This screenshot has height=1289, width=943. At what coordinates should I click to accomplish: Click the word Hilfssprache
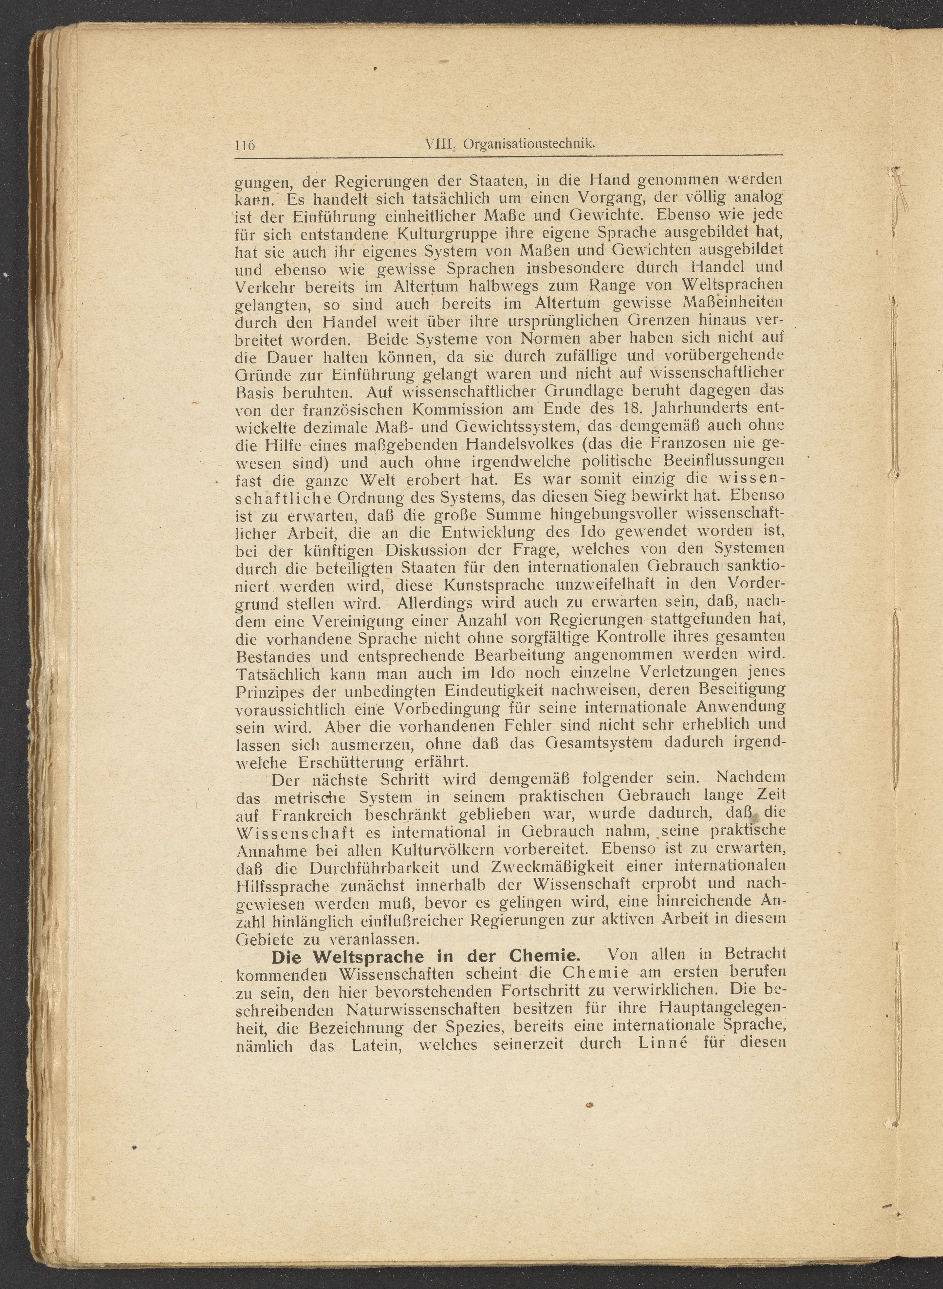click(282, 886)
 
